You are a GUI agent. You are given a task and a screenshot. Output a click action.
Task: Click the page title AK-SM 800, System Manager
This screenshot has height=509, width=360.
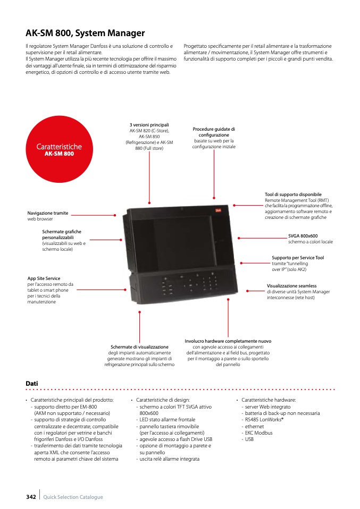85,33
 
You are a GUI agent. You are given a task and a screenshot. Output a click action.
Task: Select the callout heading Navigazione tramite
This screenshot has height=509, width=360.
48,213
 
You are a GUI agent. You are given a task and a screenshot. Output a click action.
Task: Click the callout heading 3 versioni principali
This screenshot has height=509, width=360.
149,125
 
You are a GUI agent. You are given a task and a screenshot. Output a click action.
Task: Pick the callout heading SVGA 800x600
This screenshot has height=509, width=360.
303,236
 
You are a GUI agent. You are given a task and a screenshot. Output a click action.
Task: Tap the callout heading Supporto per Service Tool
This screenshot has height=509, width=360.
298,258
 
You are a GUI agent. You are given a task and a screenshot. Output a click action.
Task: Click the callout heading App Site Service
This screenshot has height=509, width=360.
44,278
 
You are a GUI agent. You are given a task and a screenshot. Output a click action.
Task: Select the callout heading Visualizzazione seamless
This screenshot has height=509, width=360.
291,286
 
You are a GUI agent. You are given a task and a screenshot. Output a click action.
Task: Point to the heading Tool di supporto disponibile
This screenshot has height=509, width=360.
293,195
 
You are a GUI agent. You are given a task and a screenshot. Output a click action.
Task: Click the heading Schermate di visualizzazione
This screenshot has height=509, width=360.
139,347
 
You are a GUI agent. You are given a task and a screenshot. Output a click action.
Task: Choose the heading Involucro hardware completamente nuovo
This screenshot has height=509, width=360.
228,341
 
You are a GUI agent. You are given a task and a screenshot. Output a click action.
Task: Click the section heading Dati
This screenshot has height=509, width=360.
32,383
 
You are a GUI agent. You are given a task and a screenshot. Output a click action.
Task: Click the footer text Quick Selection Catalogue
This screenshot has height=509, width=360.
73,497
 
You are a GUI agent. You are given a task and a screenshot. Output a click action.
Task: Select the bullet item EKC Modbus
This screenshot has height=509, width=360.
259,433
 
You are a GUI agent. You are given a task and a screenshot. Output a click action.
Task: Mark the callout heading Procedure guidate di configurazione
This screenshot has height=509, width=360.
214,132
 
